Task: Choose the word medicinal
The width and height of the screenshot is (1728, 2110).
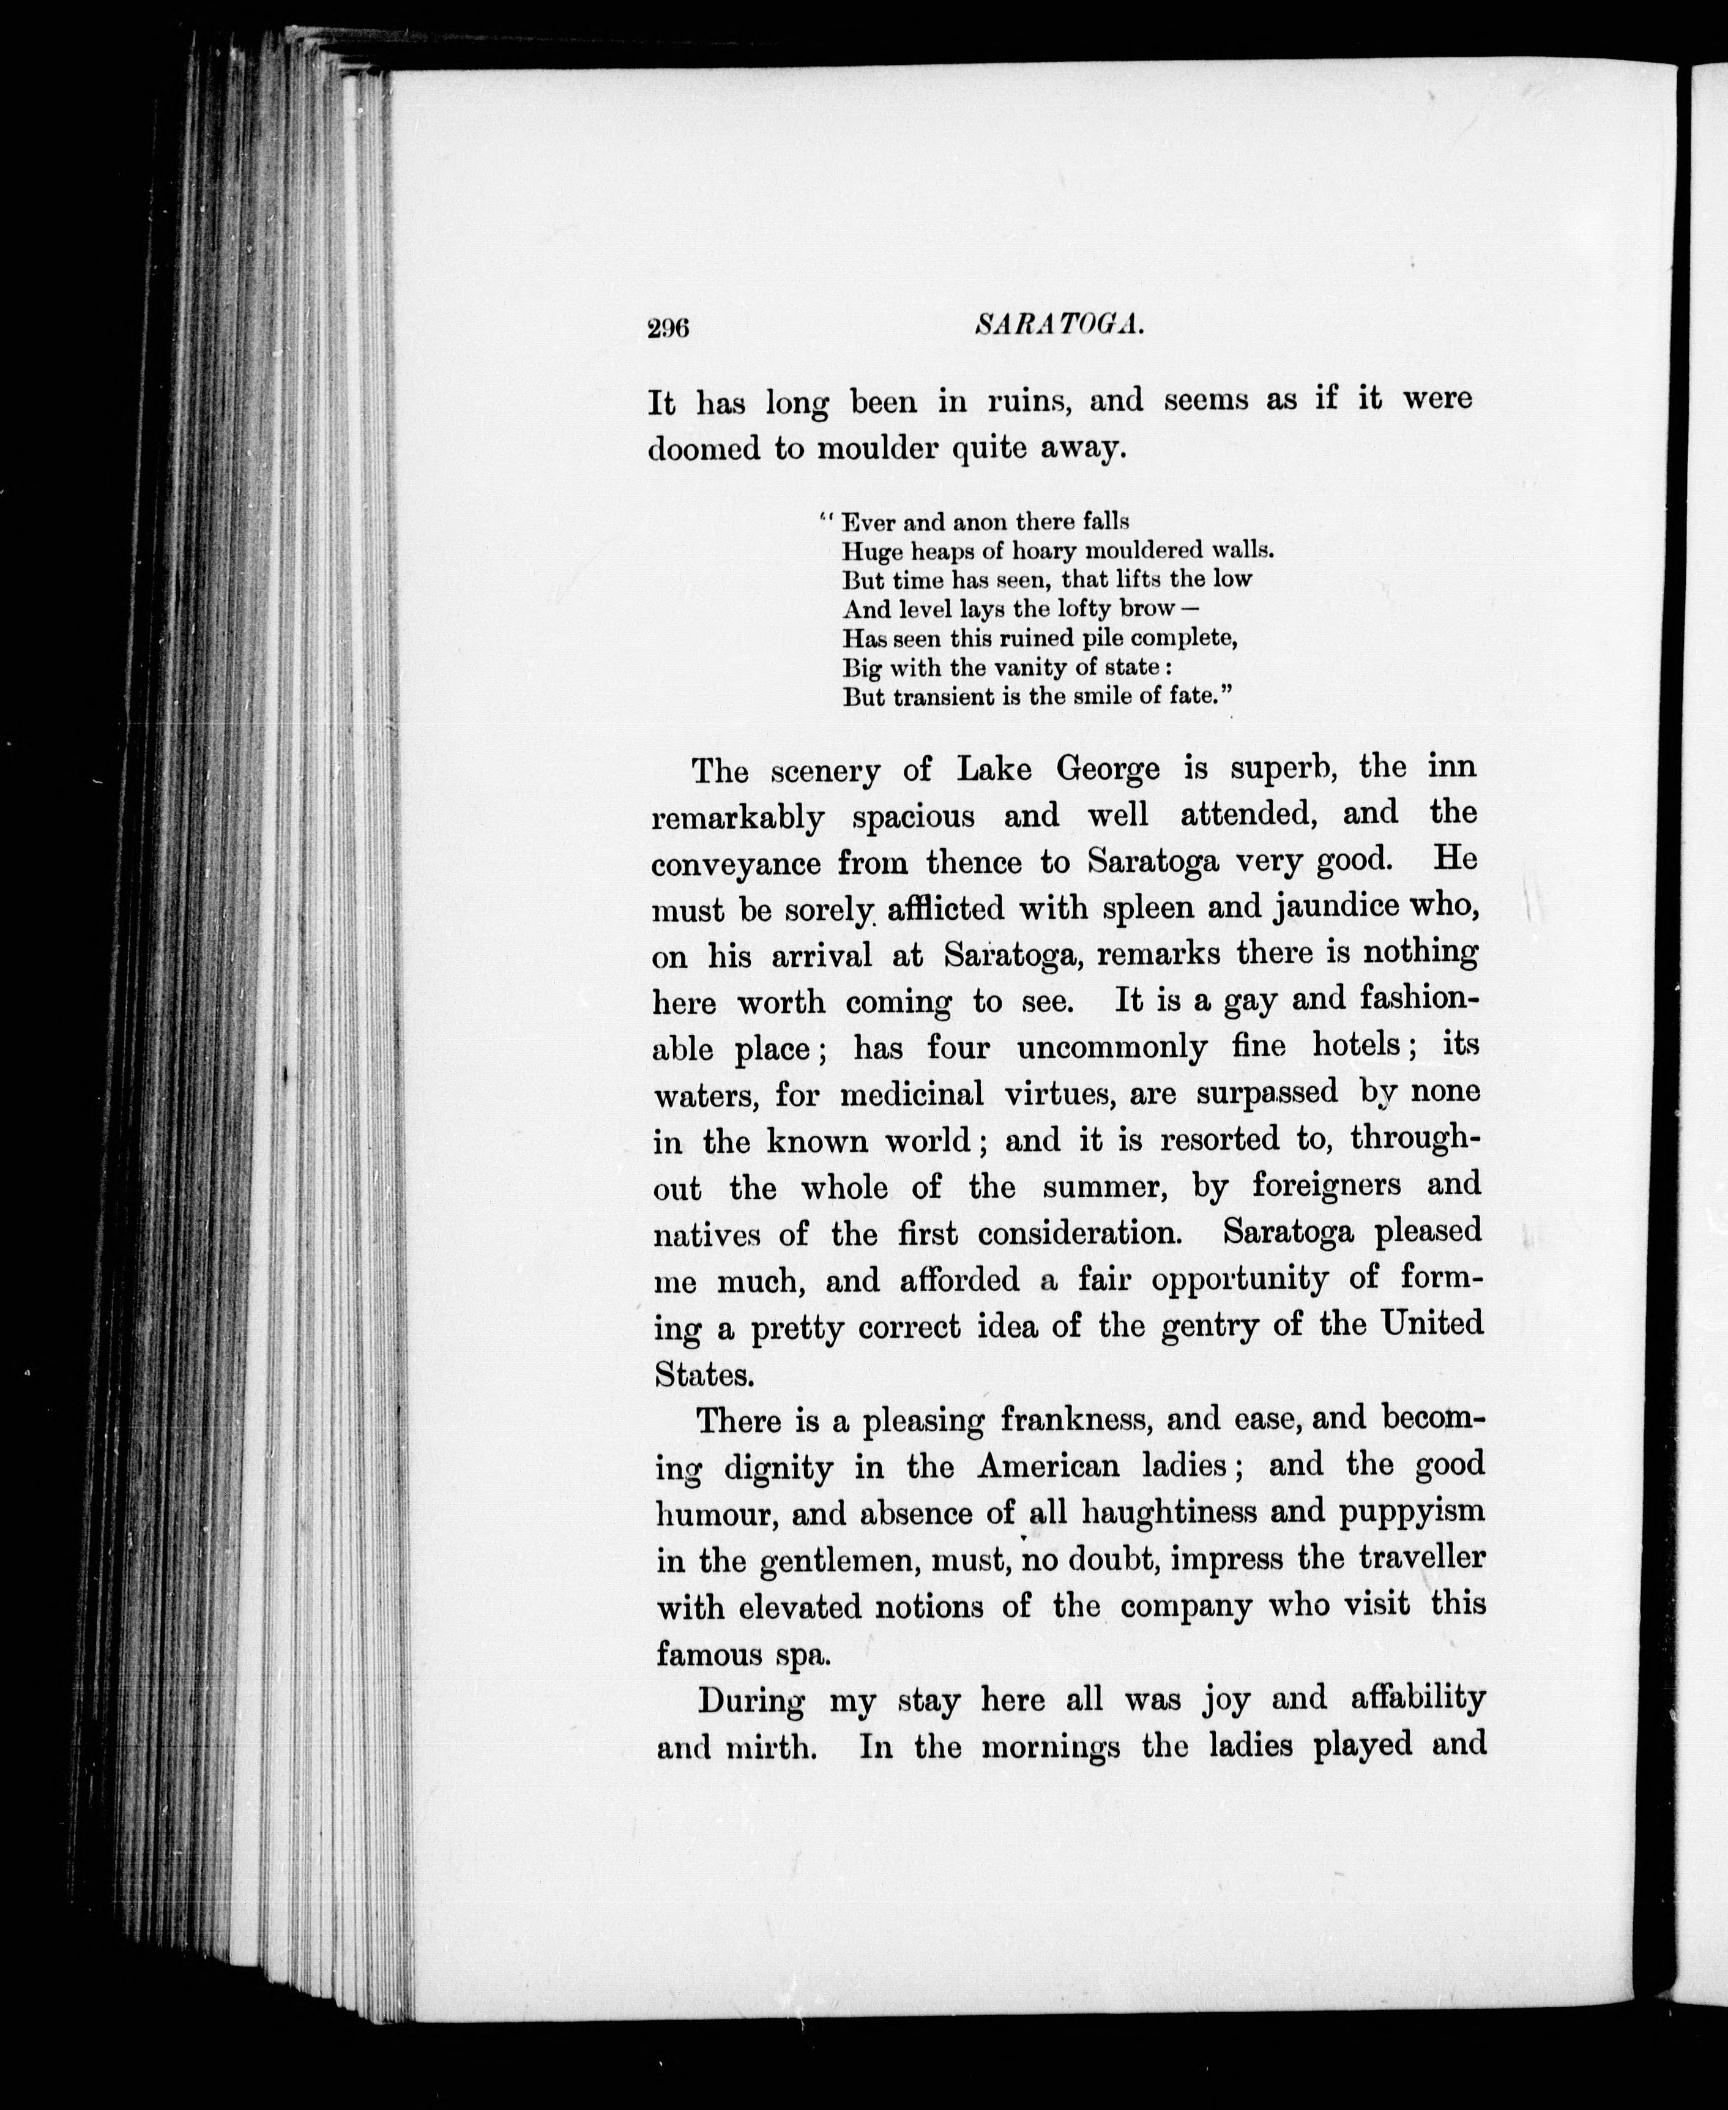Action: (912, 1094)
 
